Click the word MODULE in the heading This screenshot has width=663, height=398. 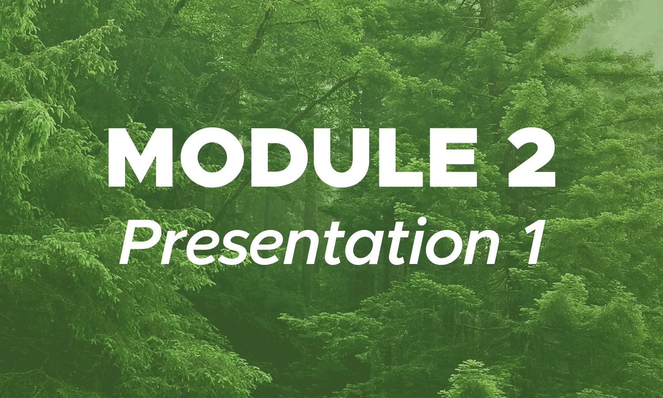coord(293,158)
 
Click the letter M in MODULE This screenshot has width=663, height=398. coord(141,158)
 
